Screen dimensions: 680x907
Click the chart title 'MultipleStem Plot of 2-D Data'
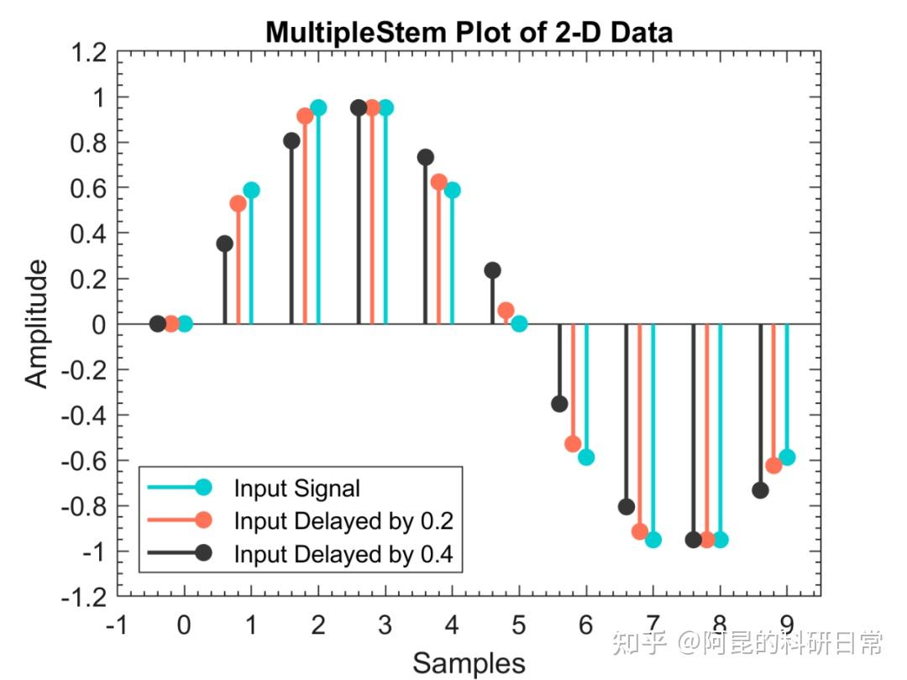point(469,32)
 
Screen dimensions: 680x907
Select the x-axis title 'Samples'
point(469,663)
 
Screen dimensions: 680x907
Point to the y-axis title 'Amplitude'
point(36,323)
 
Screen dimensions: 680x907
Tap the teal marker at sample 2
point(318,107)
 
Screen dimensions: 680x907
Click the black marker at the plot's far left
point(157,323)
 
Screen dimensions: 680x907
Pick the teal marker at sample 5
point(519,323)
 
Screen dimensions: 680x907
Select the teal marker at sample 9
point(787,457)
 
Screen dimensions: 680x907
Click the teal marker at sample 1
point(251,190)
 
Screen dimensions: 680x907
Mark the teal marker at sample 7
point(653,539)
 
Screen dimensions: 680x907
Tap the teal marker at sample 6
point(586,457)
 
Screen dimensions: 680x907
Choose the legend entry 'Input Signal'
point(296,488)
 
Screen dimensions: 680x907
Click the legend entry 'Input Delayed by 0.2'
point(343,521)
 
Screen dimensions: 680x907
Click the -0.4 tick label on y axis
point(84,415)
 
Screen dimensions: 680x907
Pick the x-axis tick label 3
point(385,626)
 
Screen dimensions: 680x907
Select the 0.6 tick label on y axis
point(89,188)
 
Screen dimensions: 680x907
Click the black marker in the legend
point(202,553)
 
